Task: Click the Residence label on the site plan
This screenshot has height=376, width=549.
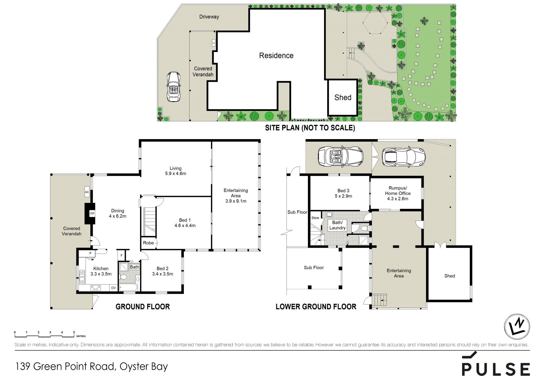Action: point(276,55)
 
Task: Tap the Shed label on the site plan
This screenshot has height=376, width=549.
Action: point(343,97)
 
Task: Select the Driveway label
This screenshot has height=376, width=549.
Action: point(209,17)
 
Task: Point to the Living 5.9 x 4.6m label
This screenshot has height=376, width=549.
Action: point(176,171)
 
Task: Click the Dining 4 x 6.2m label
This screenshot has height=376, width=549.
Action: point(118,213)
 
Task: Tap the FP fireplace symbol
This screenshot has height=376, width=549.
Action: point(92,213)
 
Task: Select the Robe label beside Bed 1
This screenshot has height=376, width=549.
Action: point(148,243)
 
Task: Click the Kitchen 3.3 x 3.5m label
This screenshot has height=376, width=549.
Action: point(101,271)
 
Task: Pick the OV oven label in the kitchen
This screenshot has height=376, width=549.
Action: point(114,288)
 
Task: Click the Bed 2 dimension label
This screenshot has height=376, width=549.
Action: point(162,274)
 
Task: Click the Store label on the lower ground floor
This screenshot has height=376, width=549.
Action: point(315,218)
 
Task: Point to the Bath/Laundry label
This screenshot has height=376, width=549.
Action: point(337,225)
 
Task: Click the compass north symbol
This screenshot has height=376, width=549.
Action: point(517,326)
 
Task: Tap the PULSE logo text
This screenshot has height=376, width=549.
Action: point(496,369)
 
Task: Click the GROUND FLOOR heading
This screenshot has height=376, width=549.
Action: point(143,307)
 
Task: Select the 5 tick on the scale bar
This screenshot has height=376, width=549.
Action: point(74,333)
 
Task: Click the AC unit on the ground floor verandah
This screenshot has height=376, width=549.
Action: point(87,192)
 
